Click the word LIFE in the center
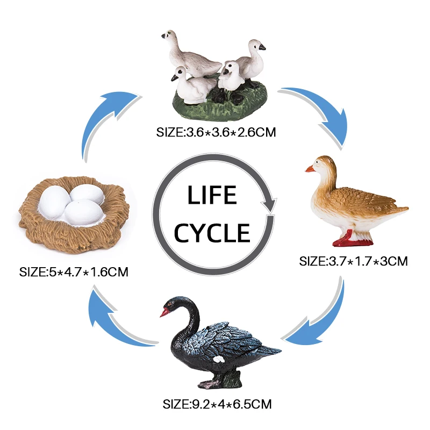point(212,195)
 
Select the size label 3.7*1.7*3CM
point(354,262)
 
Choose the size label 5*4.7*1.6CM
point(74,272)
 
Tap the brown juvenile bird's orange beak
point(310,169)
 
